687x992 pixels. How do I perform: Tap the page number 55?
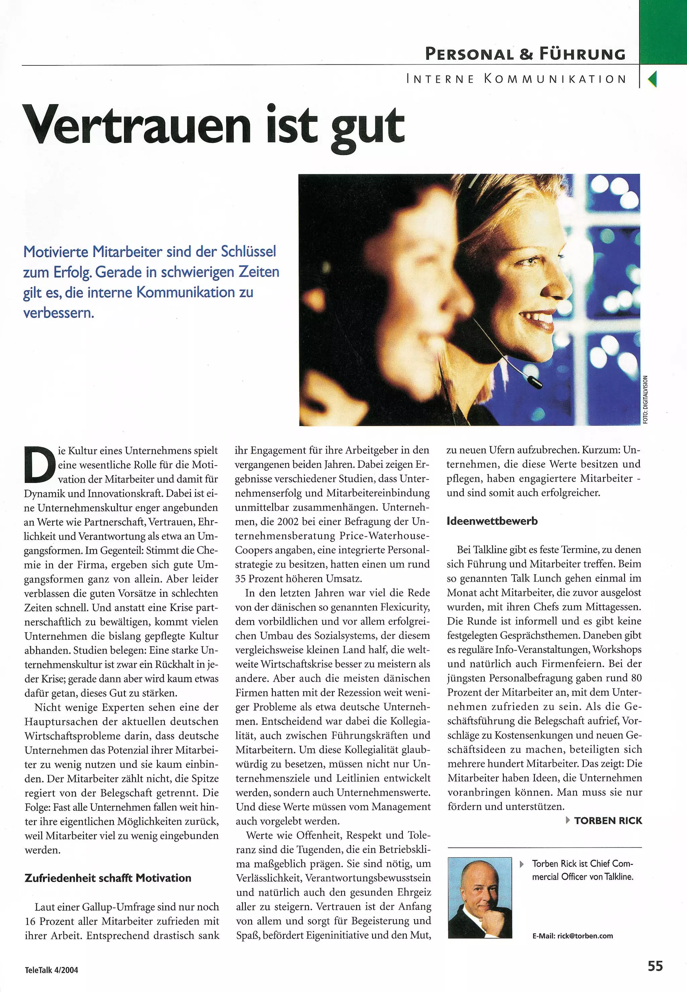point(655,966)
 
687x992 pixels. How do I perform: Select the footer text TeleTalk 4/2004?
point(51,970)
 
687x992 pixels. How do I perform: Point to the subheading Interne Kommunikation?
point(517,79)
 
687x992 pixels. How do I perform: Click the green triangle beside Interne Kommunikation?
point(652,79)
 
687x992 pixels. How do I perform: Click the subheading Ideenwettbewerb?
point(492,521)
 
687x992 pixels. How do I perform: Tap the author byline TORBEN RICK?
point(608,821)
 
